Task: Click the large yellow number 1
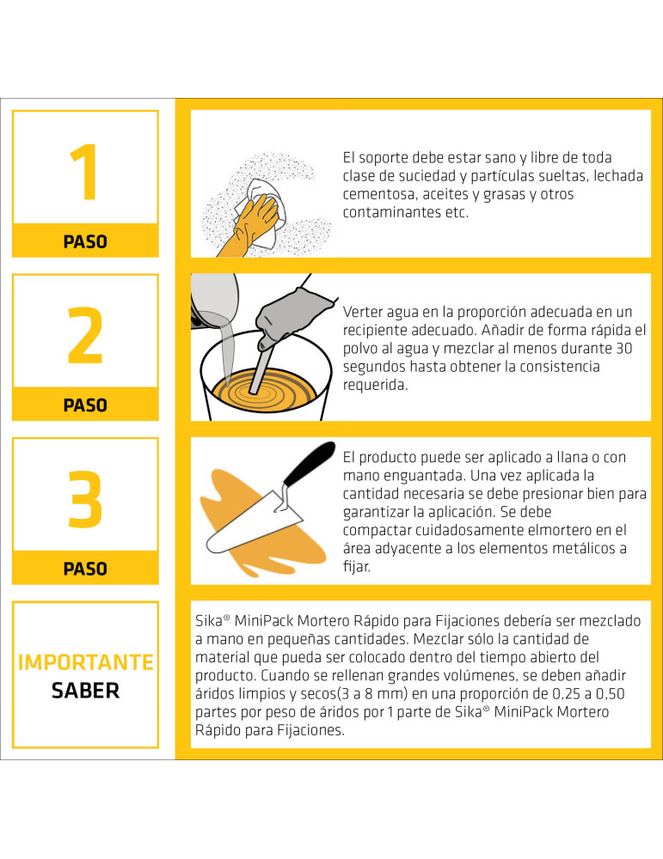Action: coord(83,174)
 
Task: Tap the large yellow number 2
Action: coord(85,338)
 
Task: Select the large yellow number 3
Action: coord(85,500)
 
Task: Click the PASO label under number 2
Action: coord(85,405)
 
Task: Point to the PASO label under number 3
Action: coord(85,569)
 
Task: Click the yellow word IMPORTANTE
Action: coord(85,662)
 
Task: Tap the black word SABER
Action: coord(85,691)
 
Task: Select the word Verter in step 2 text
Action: coord(364,311)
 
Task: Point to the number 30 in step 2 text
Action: coord(638,348)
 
